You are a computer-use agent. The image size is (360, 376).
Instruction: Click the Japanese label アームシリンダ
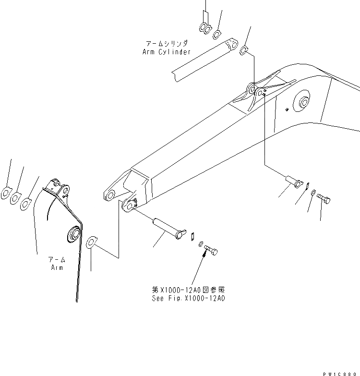166,43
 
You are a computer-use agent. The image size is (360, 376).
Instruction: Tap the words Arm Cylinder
166,52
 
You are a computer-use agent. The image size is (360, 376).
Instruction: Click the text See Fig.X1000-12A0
188,298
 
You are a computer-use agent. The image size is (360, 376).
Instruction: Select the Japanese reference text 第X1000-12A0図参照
188,290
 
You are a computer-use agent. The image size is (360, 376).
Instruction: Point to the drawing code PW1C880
341,372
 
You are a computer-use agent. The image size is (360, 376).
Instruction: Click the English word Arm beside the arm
57,267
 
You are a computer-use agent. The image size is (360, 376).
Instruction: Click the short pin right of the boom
293,182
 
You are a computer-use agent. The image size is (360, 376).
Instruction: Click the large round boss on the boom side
304,102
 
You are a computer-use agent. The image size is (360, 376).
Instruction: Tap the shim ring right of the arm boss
92,241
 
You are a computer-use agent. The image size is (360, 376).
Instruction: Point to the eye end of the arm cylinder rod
231,45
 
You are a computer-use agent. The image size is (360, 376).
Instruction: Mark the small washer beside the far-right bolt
312,193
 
